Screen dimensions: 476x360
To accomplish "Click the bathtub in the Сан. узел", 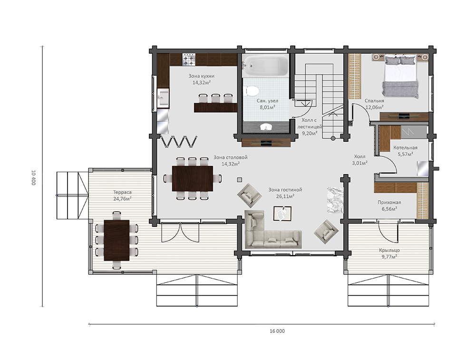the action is coord(266,65).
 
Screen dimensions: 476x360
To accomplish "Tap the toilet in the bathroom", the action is coord(252,91).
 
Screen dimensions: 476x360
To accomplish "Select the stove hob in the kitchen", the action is coord(188,59).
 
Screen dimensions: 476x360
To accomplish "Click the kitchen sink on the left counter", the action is coord(163,98).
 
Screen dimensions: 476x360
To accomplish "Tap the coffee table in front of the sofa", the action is coord(282,214).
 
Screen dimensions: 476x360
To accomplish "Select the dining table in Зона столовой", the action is coord(193,178).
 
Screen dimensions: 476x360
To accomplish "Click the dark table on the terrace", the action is coord(117,241).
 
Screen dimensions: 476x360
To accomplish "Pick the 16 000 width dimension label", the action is coord(277,331).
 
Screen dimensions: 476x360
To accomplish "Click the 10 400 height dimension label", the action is coord(33,177).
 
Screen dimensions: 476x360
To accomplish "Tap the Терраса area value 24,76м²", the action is coord(122,199).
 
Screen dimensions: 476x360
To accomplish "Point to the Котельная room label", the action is coord(405,147).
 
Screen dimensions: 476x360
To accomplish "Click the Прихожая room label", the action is coord(389,202).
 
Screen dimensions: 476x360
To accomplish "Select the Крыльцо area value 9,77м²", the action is coord(389,257).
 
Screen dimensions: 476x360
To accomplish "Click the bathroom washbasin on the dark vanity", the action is coord(266,126).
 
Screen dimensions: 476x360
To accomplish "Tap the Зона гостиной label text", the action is coord(285,190).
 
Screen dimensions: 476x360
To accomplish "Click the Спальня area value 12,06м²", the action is coord(374,107).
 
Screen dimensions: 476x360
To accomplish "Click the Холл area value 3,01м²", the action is coord(359,163).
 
